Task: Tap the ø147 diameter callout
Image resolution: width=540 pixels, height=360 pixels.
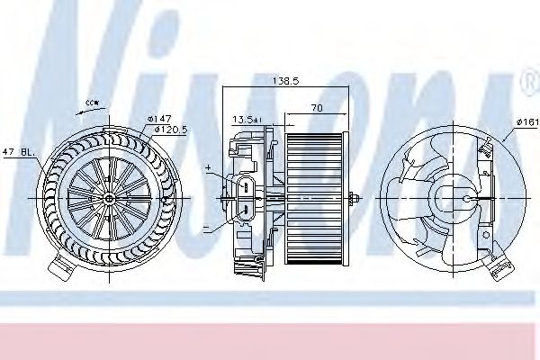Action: pos(159,118)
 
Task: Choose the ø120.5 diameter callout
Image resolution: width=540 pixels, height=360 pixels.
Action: pos(170,130)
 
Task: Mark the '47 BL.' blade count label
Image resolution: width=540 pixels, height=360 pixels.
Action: pos(18,153)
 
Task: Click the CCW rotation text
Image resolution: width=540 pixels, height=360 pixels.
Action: pos(91,104)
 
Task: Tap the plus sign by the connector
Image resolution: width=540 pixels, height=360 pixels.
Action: pos(208,168)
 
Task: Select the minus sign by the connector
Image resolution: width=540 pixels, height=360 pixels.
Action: pos(206,227)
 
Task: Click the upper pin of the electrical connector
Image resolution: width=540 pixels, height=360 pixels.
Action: pos(247,185)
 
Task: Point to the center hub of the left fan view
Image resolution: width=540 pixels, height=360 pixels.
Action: pos(109,197)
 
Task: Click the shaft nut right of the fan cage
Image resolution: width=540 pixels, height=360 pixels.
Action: pos(357,197)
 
